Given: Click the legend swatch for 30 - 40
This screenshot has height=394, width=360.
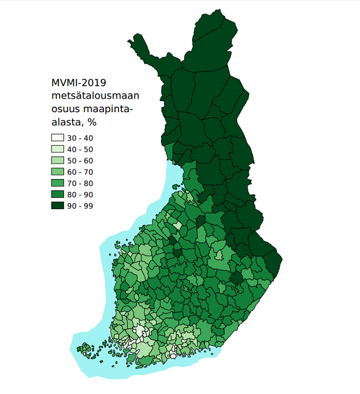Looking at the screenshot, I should click(58, 138).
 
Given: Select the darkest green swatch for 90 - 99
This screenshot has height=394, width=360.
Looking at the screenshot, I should click(58, 206).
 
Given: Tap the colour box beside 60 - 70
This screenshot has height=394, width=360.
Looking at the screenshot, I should click(58, 172).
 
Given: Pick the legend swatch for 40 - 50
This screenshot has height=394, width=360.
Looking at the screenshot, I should click(58, 149).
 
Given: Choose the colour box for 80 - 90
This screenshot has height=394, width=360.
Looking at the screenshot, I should click(58, 195).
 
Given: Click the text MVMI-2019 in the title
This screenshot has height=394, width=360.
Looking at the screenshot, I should click(78, 83).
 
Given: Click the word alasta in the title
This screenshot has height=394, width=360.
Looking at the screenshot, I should click(67, 122).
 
